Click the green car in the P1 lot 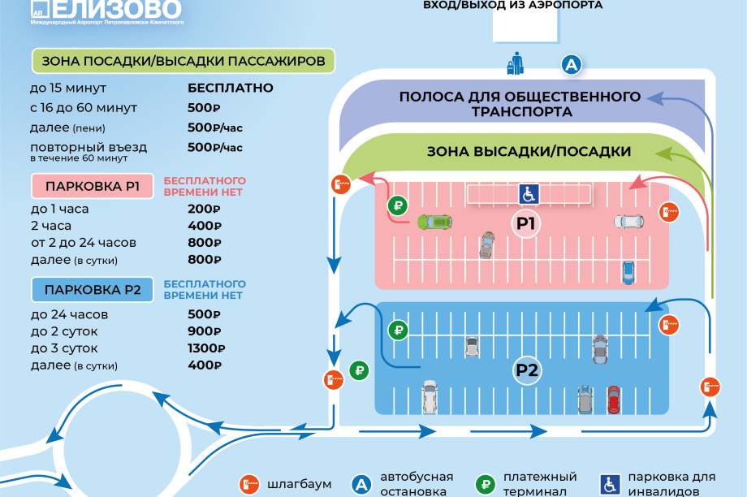pyautogui.click(x=434, y=222)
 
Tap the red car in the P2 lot pyautogui.click(x=614, y=400)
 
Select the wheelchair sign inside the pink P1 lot pyautogui.click(x=529, y=194)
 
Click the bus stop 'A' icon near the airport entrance pyautogui.click(x=571, y=64)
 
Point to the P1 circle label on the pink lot pyautogui.click(x=526, y=223)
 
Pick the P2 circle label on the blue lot pyautogui.click(x=526, y=370)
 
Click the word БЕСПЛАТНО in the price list pyautogui.click(x=230, y=88)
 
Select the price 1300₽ pyautogui.click(x=206, y=348)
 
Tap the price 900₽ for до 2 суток pyautogui.click(x=205, y=331)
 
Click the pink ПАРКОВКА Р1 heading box pyautogui.click(x=93, y=186)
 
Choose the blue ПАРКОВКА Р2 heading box pyautogui.click(x=93, y=290)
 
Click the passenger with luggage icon pyautogui.click(x=516, y=63)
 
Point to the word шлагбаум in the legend pyautogui.click(x=299, y=484)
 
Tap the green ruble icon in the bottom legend pyautogui.click(x=486, y=485)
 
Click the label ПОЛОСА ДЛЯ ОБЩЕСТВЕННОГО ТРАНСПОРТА pyautogui.click(x=520, y=104)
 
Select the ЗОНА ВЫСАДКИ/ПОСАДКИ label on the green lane pyautogui.click(x=529, y=152)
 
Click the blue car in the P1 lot pyautogui.click(x=628, y=273)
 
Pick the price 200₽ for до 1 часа pyautogui.click(x=204, y=210)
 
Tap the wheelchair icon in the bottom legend pyautogui.click(x=610, y=485)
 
